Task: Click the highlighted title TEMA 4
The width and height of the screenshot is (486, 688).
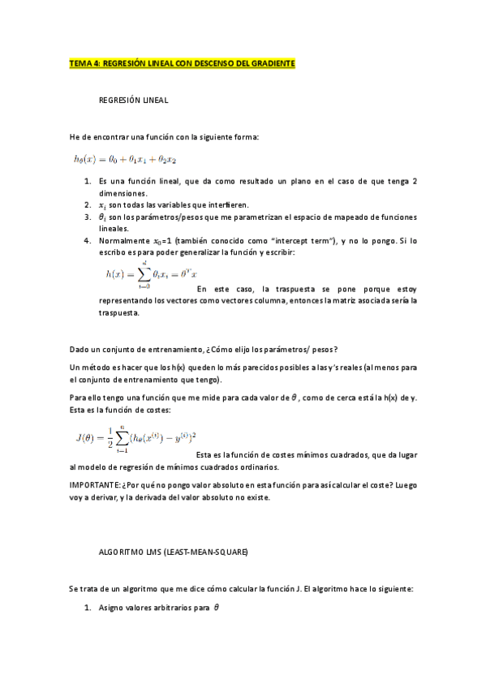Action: click(182, 62)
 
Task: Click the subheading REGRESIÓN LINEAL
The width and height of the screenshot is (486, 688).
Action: click(133, 101)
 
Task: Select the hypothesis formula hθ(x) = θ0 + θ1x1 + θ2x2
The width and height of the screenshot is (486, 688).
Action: click(123, 160)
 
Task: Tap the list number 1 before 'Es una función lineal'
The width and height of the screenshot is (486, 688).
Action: click(88, 182)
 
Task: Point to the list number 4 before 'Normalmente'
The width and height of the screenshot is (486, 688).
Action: click(88, 241)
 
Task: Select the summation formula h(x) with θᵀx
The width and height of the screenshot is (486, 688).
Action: click(151, 275)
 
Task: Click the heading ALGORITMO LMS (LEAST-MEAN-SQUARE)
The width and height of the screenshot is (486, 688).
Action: click(173, 552)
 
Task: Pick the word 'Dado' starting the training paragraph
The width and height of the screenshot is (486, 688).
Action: click(80, 350)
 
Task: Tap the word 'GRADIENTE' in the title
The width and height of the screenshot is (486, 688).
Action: click(270, 62)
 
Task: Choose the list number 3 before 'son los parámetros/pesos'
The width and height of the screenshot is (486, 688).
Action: click(88, 217)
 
